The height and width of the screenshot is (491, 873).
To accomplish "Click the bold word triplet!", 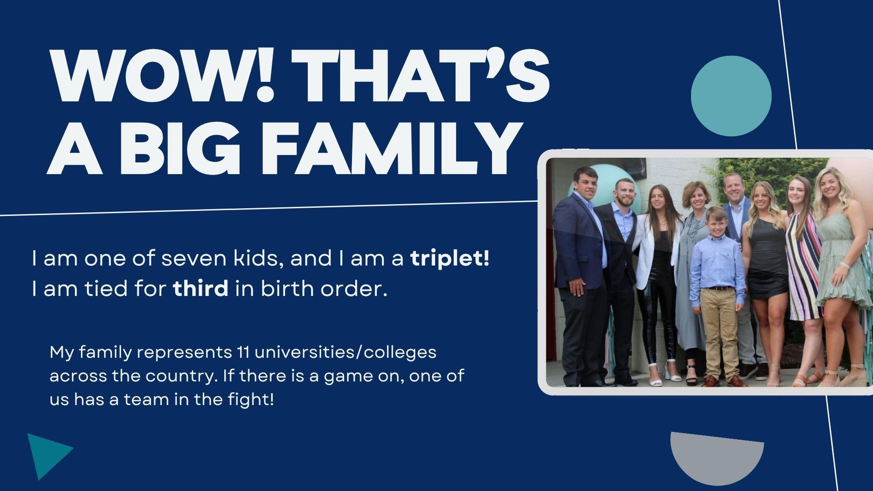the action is point(450,259).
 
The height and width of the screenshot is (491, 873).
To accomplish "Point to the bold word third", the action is point(201,288).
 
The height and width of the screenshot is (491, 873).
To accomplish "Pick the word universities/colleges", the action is point(346,353).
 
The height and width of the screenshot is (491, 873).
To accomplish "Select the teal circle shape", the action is point(731,95).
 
